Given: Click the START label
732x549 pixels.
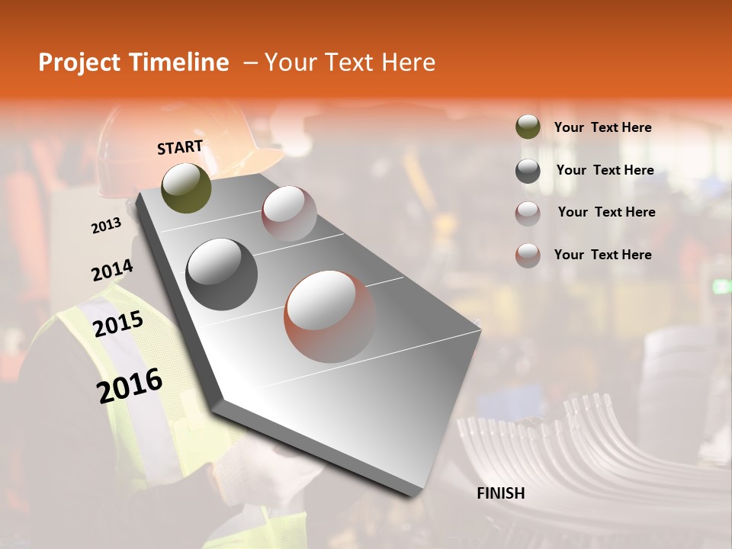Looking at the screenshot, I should coord(180,147).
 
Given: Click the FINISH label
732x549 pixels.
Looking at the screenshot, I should coord(501,493).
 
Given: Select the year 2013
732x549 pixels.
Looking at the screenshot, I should coord(107,225).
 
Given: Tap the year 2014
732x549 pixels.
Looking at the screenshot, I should coord(112,270).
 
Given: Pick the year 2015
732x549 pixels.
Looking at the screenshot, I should coord(118,324).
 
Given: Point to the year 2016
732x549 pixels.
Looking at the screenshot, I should coord(130,385).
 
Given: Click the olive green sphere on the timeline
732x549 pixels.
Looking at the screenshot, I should coord(187,188).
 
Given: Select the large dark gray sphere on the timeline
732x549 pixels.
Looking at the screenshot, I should coord(222,274).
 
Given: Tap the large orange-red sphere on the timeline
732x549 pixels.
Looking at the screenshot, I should coord(330,316).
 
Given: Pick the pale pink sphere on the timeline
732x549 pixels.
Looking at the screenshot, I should coord(289,213).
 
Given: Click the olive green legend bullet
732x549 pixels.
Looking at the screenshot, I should coord(528,127).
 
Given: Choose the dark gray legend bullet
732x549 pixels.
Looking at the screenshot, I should coord(528,171).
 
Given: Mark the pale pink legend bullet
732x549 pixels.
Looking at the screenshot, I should coord(528,213).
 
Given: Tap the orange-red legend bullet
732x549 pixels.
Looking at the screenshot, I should coord(528,255).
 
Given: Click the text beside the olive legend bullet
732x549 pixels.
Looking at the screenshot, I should coord(602,128).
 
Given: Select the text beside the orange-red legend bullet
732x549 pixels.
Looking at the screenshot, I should coord(602,255).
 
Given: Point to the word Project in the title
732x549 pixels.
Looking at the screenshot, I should coord(80,63).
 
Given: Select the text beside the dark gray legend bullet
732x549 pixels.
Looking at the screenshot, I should coord(605,171).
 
